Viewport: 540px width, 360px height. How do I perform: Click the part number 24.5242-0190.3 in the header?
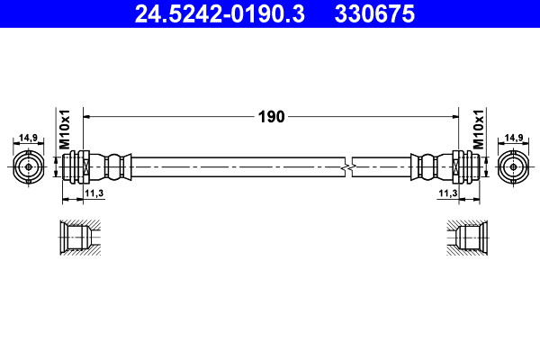[x=220, y=13]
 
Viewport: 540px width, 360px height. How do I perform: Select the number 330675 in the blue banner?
[x=374, y=13]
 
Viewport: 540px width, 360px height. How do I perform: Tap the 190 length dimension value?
[x=272, y=117]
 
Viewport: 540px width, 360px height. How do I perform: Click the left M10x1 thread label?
[x=65, y=130]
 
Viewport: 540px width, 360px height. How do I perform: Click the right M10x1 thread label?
[x=479, y=130]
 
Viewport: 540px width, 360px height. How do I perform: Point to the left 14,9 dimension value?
[x=28, y=138]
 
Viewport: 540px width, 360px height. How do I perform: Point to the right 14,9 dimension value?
[x=514, y=138]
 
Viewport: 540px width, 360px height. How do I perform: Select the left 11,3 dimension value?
[x=94, y=193]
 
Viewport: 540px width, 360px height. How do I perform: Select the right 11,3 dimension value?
[x=447, y=193]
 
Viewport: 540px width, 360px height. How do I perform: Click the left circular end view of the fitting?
[x=28, y=167]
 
